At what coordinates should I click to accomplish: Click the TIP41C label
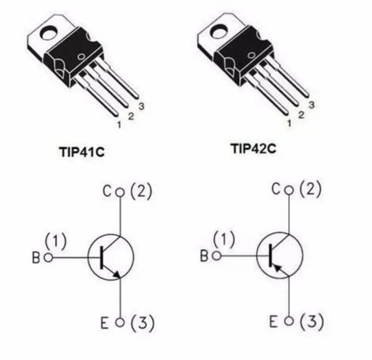(81, 152)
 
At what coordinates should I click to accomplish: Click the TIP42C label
(253, 149)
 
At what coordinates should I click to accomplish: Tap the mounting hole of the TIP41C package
(49, 33)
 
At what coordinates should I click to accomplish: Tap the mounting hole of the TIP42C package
(219, 32)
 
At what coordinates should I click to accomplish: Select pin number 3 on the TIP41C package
(141, 106)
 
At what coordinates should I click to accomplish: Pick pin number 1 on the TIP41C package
(119, 124)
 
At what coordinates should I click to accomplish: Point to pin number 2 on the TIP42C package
(301, 115)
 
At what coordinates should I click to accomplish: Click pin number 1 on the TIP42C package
(289, 123)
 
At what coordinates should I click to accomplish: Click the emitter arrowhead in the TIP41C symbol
(117, 274)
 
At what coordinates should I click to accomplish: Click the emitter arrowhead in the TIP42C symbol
(278, 268)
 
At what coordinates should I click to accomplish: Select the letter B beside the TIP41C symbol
(36, 257)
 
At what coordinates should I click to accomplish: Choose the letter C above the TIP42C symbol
(276, 190)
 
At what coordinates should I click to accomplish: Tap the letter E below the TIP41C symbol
(105, 323)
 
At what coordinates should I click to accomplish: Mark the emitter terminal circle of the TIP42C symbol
(289, 321)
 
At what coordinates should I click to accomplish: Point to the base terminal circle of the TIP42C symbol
(216, 256)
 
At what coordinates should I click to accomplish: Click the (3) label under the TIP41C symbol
(142, 323)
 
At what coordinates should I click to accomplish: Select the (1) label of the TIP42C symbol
(224, 240)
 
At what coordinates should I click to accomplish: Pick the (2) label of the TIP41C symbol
(141, 191)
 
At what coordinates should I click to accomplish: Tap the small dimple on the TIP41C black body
(81, 57)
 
